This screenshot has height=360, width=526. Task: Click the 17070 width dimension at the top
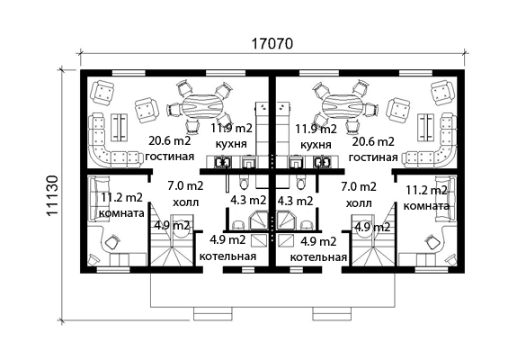(272, 44)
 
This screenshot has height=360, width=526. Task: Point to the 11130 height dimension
(53, 196)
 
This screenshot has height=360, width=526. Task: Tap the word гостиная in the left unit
(170, 157)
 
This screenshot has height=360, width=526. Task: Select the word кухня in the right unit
(316, 145)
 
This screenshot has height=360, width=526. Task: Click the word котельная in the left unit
(227, 256)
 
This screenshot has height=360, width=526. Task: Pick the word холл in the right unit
(359, 203)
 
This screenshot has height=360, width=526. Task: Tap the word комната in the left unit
(122, 213)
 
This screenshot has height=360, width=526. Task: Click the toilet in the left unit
(244, 181)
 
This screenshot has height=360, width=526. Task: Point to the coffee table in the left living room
(120, 127)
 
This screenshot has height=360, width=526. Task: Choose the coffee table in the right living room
(425, 127)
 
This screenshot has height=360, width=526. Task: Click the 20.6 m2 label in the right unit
(373, 141)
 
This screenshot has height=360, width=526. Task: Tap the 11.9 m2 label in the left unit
(231, 128)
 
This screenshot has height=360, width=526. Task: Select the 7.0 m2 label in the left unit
(185, 185)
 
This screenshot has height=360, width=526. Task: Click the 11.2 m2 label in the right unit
(427, 191)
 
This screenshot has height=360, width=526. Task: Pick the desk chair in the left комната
(112, 242)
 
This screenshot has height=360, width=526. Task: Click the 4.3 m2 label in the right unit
(296, 201)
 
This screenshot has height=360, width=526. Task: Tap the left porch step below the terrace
(213, 313)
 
